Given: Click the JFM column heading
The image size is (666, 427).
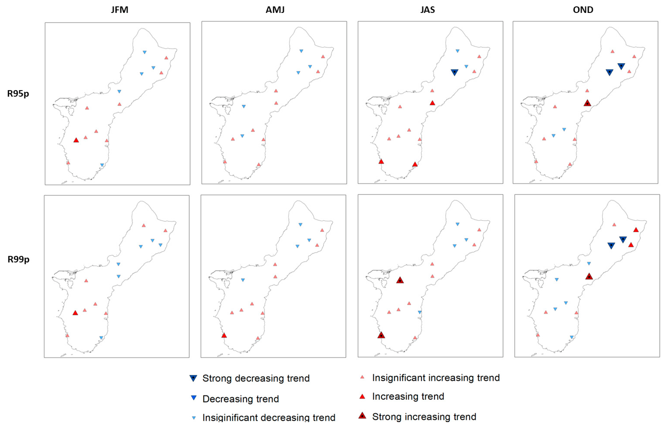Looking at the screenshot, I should click(119, 10).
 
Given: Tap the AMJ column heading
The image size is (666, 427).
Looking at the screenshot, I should click(275, 10).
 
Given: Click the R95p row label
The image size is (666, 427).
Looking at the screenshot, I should click(18, 94).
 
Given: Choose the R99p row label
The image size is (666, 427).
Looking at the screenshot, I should click(18, 259).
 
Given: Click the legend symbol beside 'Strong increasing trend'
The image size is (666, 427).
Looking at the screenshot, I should click(362, 416).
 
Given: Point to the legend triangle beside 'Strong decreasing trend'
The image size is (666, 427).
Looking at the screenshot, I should click(193, 378).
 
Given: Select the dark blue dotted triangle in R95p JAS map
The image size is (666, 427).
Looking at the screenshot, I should click(454, 72).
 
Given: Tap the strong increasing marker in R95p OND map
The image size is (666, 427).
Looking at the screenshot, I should click(587, 103).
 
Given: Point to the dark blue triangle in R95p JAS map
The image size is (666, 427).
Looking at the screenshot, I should click(454, 72).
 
